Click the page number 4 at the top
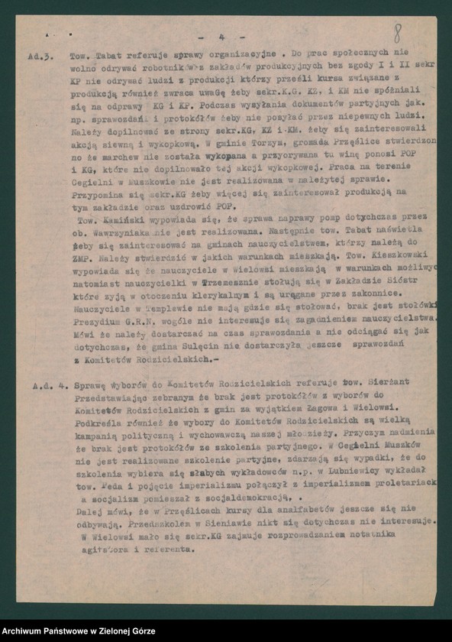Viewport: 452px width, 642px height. coord(221,36)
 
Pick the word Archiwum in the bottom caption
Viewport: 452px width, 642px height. coord(29,628)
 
